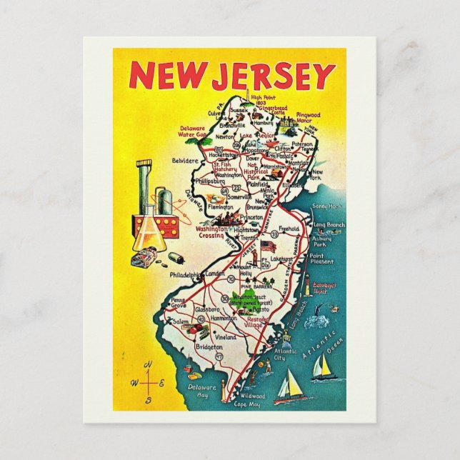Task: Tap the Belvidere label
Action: (184, 161)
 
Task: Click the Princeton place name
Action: (252, 216)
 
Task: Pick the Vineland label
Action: (225, 336)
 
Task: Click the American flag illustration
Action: (268, 246)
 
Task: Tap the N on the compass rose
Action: (149, 365)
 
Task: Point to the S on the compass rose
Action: (149, 401)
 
